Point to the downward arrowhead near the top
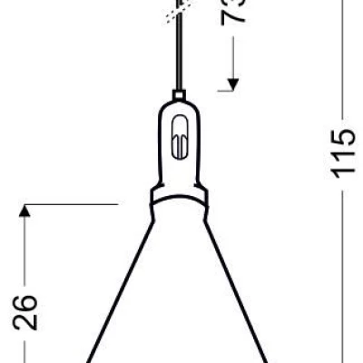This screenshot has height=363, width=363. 234,84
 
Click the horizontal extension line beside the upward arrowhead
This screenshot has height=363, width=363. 73,205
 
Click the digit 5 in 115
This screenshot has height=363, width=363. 346,136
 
